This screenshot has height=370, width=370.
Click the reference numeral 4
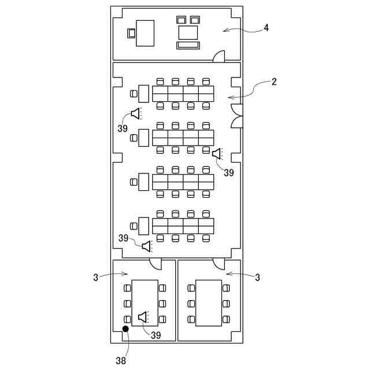266,28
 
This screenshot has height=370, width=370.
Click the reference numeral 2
274,82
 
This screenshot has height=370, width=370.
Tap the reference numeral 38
121,360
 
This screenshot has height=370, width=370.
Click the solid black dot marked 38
125,330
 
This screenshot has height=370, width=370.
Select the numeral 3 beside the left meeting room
96,277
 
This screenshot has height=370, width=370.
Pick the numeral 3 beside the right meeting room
257,277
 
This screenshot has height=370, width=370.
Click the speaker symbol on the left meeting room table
143,316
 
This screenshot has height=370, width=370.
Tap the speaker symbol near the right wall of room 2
217,154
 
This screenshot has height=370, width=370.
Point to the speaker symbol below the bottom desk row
147,246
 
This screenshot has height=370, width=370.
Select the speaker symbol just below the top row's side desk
136,113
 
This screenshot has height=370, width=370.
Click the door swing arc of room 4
219,55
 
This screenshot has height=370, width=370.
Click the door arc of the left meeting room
155,264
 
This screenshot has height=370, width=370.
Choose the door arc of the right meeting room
219,264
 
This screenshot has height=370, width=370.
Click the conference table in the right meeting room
209,303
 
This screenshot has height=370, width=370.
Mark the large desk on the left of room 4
145,33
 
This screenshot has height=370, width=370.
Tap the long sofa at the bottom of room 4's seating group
188,45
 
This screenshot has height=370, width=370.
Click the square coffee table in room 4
187,32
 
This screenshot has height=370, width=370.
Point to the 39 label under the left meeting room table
156,335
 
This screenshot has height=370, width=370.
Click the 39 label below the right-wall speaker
229,172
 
